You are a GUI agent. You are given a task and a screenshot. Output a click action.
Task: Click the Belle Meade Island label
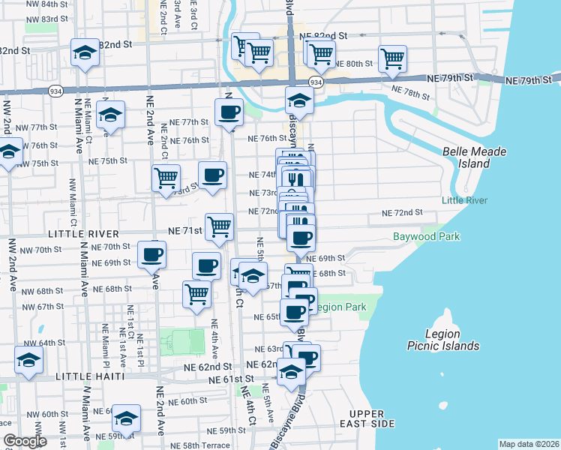point(474,157)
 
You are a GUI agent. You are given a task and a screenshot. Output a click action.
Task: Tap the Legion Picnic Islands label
point(452,340)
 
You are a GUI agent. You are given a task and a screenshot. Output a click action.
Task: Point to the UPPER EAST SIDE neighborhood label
point(372,418)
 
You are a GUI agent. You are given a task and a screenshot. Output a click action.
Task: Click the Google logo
point(25,442)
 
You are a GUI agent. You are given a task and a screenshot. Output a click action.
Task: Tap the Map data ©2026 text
point(529,444)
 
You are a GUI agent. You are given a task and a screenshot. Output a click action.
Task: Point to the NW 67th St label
point(43,307)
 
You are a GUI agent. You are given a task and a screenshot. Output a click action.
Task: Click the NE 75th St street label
point(108,161)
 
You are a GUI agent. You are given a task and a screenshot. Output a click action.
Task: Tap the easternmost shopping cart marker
point(392,58)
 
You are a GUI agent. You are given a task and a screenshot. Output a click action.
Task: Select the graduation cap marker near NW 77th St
point(110,115)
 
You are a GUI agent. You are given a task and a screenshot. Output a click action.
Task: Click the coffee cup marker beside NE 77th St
point(229,112)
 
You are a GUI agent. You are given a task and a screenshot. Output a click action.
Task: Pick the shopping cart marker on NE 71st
point(219,226)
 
